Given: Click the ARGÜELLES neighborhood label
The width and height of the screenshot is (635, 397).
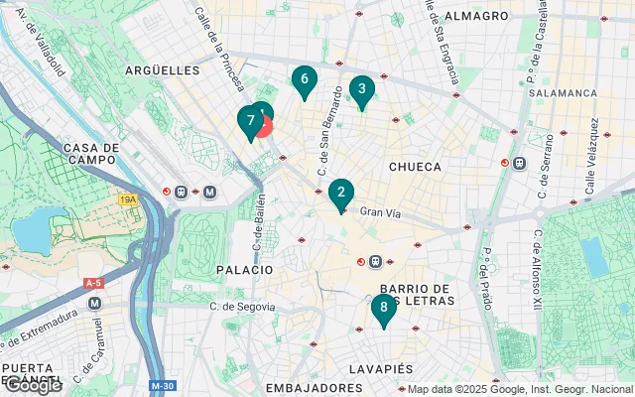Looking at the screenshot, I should pos(163,70).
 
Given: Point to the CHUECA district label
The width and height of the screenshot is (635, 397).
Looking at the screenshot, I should pos(414,167).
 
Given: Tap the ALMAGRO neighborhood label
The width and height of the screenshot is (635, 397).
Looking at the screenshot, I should pos(476,17).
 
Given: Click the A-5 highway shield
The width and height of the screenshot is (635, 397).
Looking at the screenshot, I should pos(94,283).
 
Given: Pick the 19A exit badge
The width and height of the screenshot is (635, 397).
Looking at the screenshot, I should pos(128,199).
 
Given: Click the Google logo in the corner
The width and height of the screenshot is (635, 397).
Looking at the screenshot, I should pos(32,385).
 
